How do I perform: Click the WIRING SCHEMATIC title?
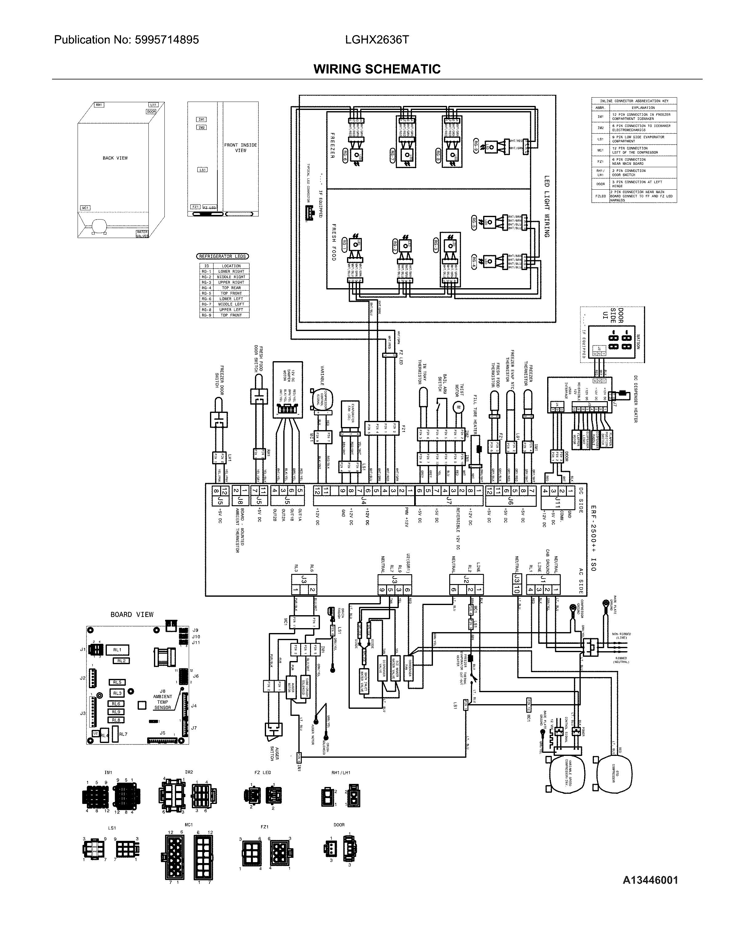click(377, 69)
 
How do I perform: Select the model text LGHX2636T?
click(377, 40)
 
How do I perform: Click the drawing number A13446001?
click(650, 880)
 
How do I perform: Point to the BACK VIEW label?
click(115, 158)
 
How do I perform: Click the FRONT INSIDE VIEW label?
click(240, 147)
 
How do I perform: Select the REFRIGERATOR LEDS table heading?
click(223, 256)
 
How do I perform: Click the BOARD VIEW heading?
click(132, 614)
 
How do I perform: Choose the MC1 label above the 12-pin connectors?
click(188, 825)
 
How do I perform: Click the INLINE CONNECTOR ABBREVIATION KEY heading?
click(634, 101)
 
